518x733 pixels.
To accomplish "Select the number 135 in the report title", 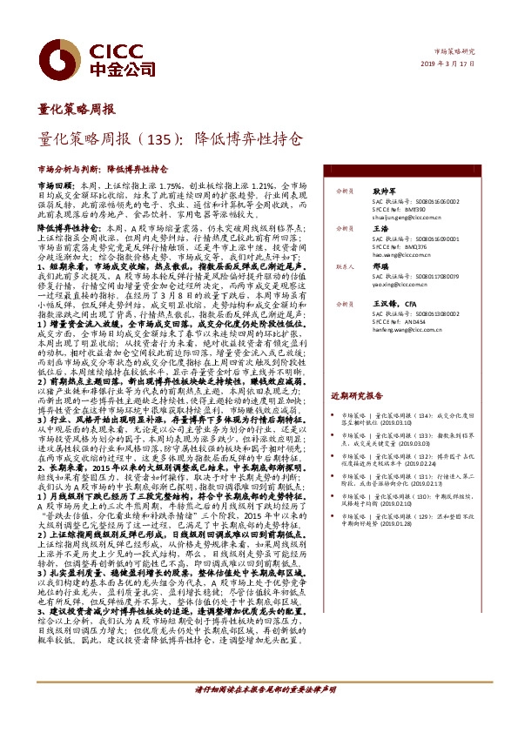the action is [x=162, y=138].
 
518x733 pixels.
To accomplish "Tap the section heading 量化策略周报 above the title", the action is [x=76, y=110].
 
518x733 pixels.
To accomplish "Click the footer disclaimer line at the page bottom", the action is [x=259, y=713].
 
